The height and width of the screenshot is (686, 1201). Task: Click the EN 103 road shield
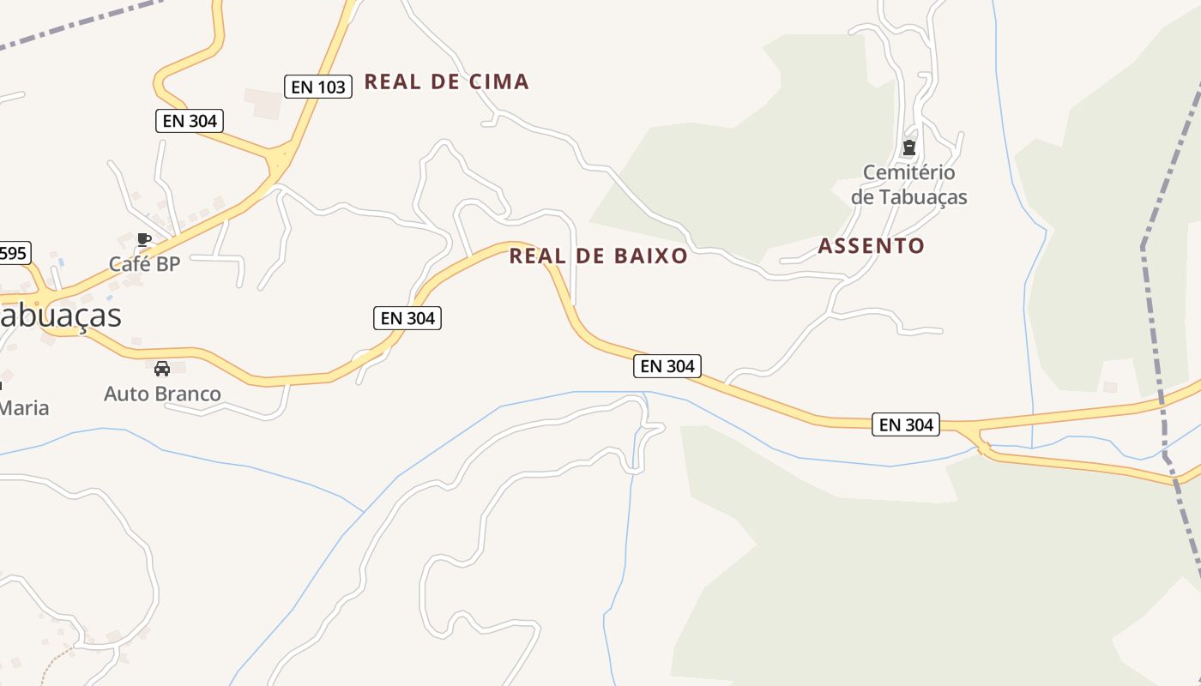coord(318,87)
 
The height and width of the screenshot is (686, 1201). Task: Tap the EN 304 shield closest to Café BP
coord(190,121)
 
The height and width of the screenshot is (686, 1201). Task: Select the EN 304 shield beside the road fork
coord(906,424)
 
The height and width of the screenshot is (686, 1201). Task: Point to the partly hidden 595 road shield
coord(15,253)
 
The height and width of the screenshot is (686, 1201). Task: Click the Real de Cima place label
coord(446,82)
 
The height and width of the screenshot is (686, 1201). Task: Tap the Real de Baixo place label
coord(598,256)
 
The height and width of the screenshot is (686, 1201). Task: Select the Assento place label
coord(871,246)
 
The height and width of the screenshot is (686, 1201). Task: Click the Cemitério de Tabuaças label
coord(908,184)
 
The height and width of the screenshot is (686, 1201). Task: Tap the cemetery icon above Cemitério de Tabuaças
coord(909,148)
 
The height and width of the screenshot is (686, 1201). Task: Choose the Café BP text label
coord(144,264)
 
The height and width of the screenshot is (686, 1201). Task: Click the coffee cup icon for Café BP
coord(144,240)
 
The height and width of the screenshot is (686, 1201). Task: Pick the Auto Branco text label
coord(162,394)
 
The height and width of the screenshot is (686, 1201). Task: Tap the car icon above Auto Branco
coord(162,369)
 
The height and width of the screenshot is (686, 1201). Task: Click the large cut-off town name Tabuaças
coord(60,316)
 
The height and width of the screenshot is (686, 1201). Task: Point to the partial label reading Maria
coord(24,408)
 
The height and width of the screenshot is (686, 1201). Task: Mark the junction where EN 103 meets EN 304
coord(279,161)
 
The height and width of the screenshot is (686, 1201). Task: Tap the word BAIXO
coord(651,256)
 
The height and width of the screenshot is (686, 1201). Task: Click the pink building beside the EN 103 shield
coord(262,102)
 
